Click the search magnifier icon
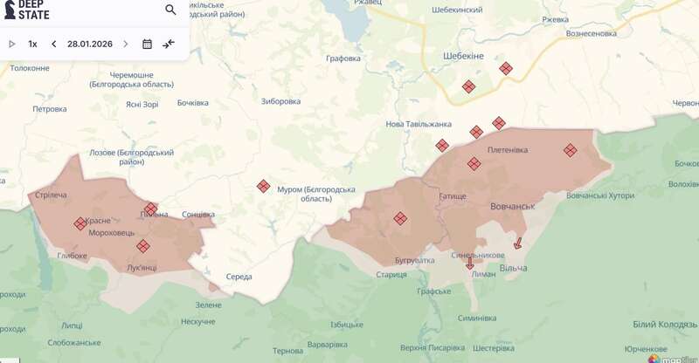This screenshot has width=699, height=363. [170, 10]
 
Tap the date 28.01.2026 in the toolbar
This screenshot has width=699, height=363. [90, 44]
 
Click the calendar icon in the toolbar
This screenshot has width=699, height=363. [147, 44]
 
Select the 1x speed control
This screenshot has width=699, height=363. [32, 44]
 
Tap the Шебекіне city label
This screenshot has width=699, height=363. [460, 54]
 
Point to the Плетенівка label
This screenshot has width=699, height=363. [508, 149]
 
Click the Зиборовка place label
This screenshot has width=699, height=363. [280, 100]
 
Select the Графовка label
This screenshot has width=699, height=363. [343, 58]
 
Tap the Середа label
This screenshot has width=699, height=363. [239, 277]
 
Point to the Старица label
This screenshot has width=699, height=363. [391, 275]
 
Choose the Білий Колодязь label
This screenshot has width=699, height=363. [665, 324]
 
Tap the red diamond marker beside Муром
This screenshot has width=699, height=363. [263, 186]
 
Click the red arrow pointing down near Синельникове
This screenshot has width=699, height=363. [470, 264]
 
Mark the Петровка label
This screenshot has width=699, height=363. [50, 109]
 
